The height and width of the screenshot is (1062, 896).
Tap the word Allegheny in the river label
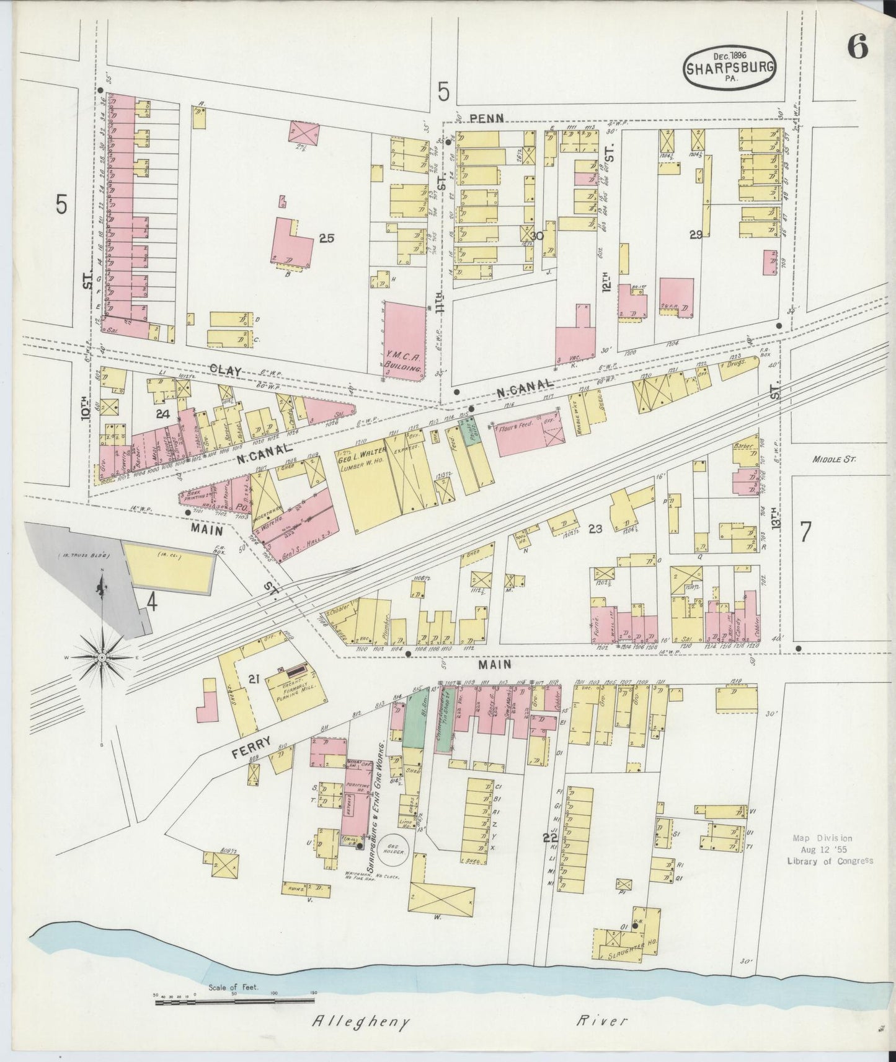pyautogui.click(x=360, y=1021)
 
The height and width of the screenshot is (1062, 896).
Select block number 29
pyautogui.click(x=696, y=234)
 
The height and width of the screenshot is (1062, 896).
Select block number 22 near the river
pyautogui.click(x=549, y=838)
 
